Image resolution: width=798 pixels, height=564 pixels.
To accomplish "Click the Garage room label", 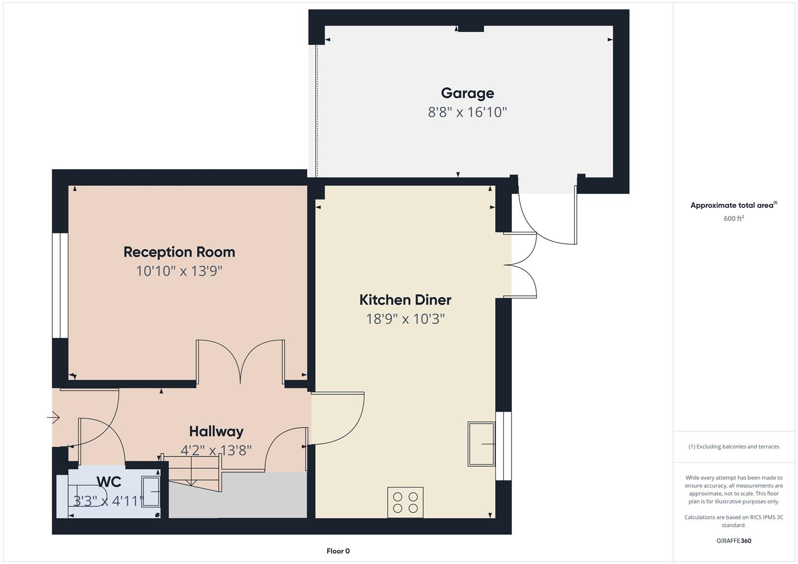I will click(x=467, y=93).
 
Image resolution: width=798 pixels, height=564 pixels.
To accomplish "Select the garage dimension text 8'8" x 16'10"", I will click(x=467, y=112).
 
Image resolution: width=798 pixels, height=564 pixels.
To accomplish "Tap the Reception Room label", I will click(x=179, y=252).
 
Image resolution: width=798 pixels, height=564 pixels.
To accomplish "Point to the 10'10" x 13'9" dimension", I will click(x=179, y=271).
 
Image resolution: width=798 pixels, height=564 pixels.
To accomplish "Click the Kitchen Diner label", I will click(x=405, y=300).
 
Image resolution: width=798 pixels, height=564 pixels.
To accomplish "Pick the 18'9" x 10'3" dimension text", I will click(x=405, y=319).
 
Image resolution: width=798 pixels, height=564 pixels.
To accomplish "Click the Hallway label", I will click(x=216, y=431).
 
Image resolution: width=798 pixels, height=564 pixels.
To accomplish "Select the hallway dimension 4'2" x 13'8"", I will click(x=216, y=450).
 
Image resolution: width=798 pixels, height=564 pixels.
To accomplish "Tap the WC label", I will click(x=109, y=481).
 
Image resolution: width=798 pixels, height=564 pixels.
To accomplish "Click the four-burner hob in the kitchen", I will click(x=406, y=502).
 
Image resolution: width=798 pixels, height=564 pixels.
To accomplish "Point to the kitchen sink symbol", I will click(x=481, y=444).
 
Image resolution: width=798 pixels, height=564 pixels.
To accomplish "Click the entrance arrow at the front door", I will click(x=53, y=417).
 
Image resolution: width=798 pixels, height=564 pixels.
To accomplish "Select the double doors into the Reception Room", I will click(x=240, y=363).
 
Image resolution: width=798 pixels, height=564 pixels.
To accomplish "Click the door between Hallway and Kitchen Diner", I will click(x=337, y=418).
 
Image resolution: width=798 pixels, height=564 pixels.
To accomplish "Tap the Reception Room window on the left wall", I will click(x=60, y=285).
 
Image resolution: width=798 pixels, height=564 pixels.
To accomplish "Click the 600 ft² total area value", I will click(x=734, y=219).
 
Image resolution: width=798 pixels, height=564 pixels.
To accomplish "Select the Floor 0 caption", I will click(x=338, y=551).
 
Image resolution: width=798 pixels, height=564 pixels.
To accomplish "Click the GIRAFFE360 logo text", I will click(x=734, y=541).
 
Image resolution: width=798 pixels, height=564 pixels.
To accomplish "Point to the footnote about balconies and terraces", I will click(x=734, y=446).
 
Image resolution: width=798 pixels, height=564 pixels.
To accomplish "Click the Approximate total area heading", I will click(x=733, y=205).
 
